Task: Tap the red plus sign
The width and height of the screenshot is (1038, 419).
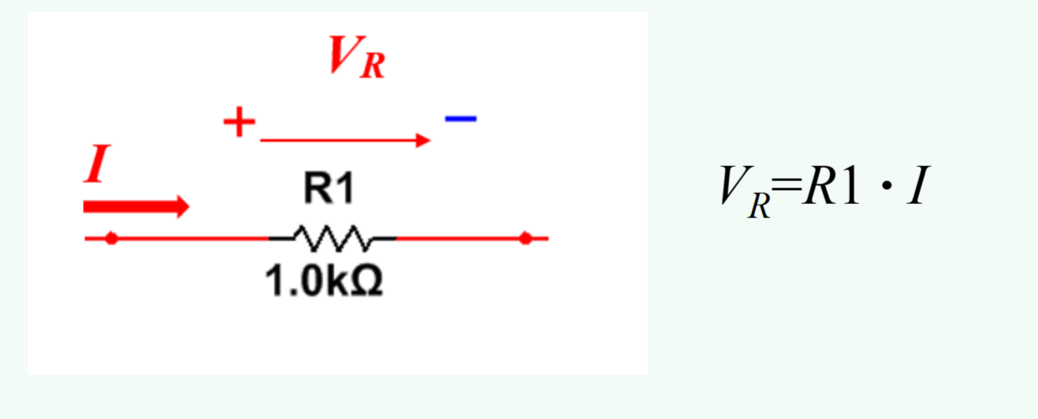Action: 240,123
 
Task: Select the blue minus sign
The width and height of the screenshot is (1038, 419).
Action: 460,119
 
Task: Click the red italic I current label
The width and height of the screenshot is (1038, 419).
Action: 95,167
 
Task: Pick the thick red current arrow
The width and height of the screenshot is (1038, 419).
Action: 136,206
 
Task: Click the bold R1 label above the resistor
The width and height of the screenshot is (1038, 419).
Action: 329,191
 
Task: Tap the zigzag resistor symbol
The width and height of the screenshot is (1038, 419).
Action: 332,235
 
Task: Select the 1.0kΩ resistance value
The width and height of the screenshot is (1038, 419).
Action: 324,283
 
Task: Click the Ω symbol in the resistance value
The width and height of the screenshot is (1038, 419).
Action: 366,283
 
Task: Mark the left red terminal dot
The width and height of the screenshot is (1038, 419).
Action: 111,238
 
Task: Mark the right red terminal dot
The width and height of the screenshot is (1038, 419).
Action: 526,238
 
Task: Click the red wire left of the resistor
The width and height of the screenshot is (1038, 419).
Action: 189,238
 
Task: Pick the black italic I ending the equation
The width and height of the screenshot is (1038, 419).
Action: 915,188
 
